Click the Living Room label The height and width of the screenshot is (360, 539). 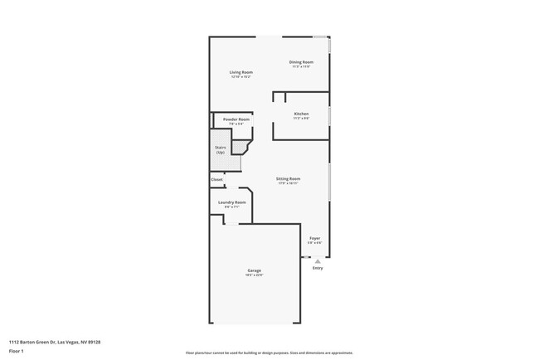coord(240,72)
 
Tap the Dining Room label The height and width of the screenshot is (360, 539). coord(301,62)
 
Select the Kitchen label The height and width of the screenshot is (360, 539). coord(301,114)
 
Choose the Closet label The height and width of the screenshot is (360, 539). coord(216,179)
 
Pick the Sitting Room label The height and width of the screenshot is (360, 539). coord(289,178)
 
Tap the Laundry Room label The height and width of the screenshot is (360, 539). coord(232,202)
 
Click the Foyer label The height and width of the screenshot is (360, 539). coord(315,238)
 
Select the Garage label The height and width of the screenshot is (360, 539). coord(255,271)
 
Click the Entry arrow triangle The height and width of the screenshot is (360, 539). coord(317,260)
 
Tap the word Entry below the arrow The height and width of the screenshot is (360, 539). coord(318,268)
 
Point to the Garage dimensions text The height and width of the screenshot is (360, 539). coord(255,276)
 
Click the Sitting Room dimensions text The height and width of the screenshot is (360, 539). coord(289,183)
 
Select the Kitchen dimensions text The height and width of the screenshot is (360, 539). coord(301,119)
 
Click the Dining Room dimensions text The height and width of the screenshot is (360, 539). coord(301,67)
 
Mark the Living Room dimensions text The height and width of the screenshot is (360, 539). coord(240,77)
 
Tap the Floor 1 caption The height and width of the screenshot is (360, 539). coord(17,351)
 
